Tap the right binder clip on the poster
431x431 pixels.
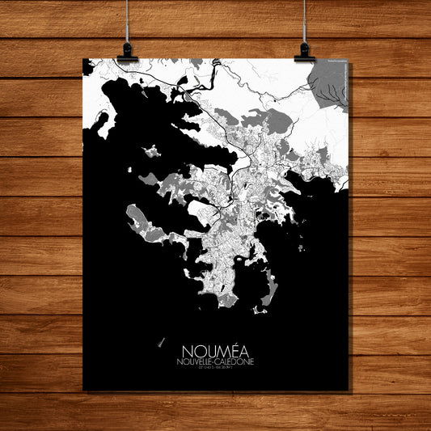(x=304, y=53)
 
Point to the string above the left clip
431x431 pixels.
(x=127, y=20)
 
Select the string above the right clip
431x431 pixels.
(x=305, y=20)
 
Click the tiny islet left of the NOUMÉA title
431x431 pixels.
(x=161, y=342)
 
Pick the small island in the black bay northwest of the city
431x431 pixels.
(x=150, y=150)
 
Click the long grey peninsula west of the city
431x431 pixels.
(x=137, y=220)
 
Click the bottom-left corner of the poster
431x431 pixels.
(x=84, y=389)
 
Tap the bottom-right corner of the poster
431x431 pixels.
(x=349, y=389)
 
